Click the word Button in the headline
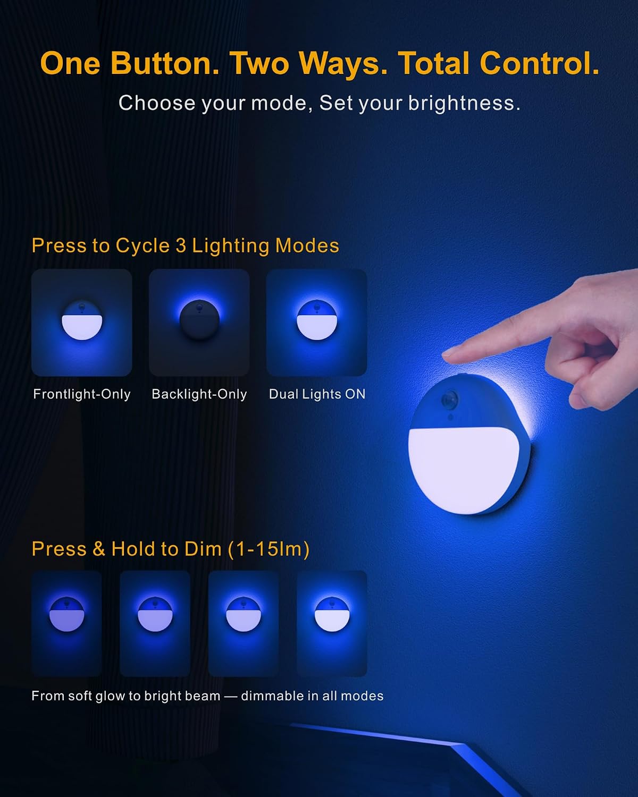[x=165, y=63]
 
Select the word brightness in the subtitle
[x=464, y=103]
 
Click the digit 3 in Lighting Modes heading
[x=181, y=245]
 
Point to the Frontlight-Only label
[x=82, y=394]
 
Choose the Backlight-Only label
[x=199, y=394]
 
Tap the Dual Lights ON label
[x=317, y=394]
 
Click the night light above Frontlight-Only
[x=82, y=320]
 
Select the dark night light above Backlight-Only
[x=199, y=320]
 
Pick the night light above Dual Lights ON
[x=317, y=320]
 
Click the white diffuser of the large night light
[x=464, y=469]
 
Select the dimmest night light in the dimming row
[x=67, y=614]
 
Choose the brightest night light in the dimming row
[x=332, y=614]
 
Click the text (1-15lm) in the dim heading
[x=269, y=549]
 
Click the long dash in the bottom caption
[x=231, y=696]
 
